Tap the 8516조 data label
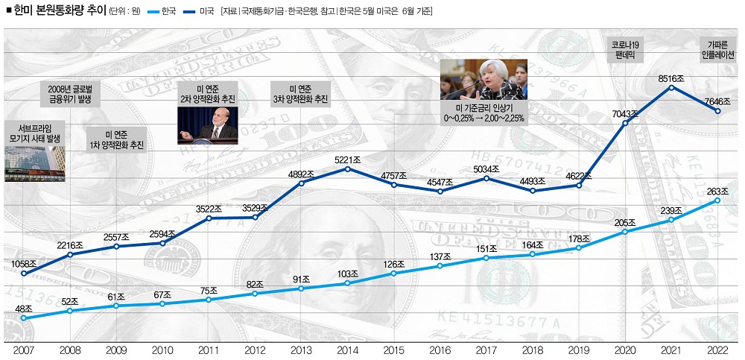coord(672,77)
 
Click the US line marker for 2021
coord(672,87)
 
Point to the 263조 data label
coord(717,189)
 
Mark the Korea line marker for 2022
coord(717,200)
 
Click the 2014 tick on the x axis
coord(348,350)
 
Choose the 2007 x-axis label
coord(24,350)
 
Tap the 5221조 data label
coord(348,158)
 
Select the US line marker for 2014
coord(348,168)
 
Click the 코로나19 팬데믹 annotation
coord(625,50)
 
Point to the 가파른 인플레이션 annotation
coord(717,50)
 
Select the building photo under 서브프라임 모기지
coord(34,163)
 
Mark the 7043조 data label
coord(624,113)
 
